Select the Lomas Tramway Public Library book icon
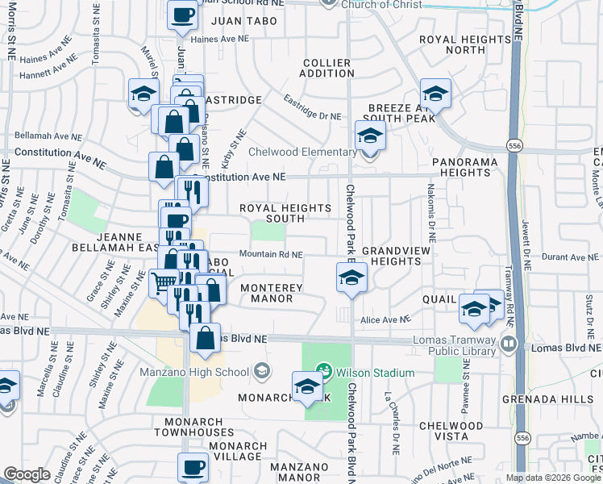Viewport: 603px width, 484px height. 509,344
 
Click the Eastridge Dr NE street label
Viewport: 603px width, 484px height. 313,109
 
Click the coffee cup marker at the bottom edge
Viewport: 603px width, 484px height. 193,466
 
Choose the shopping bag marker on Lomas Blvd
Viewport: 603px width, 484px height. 206,338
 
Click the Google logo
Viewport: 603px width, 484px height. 27,474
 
